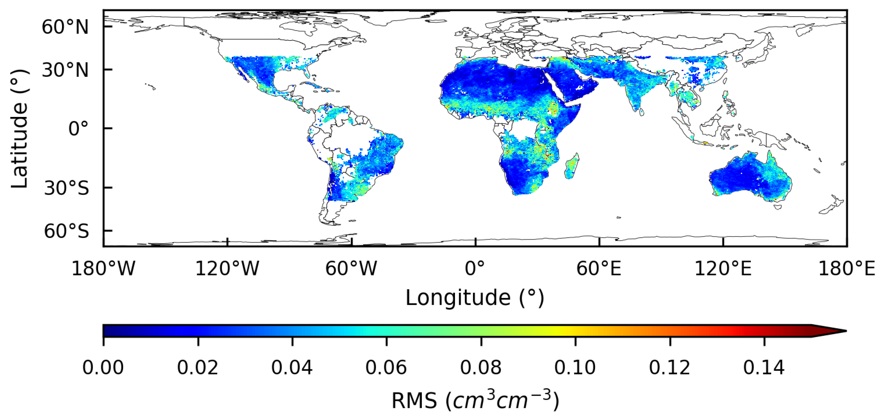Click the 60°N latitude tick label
(65, 27)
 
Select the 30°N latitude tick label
(65, 70)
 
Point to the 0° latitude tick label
(78, 129)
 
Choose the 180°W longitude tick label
(103, 268)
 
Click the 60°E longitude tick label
(599, 268)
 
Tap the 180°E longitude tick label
(847, 268)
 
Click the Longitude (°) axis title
(475, 298)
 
